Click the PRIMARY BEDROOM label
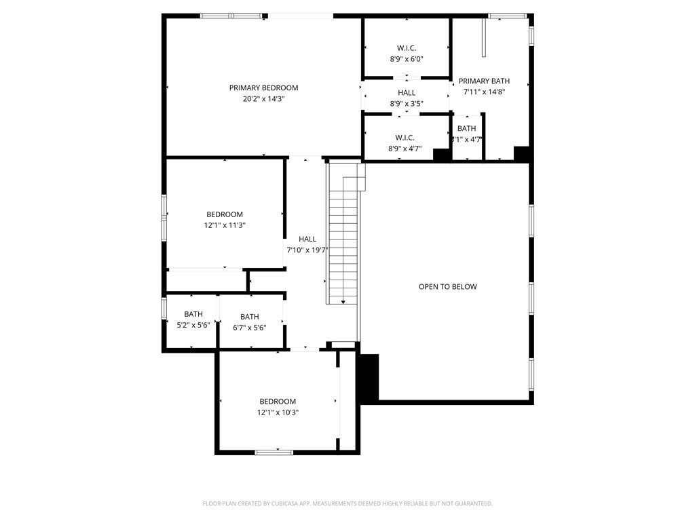(263, 88)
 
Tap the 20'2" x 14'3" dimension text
(263, 98)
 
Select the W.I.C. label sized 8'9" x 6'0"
(407, 48)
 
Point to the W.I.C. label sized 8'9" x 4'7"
(405, 138)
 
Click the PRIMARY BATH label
(484, 81)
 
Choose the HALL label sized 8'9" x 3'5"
(407, 93)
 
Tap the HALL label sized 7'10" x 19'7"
(307, 239)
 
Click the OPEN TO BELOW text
(447, 286)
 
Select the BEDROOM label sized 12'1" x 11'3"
(225, 214)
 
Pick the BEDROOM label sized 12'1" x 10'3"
(278, 401)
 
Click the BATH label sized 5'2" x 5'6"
(193, 314)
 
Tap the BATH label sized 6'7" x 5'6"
(249, 317)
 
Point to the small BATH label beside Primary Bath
(466, 128)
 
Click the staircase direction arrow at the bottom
(343, 301)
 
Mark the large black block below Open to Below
(368, 379)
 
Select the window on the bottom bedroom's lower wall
(274, 451)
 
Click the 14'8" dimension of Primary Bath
(495, 92)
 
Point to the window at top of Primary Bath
(508, 15)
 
